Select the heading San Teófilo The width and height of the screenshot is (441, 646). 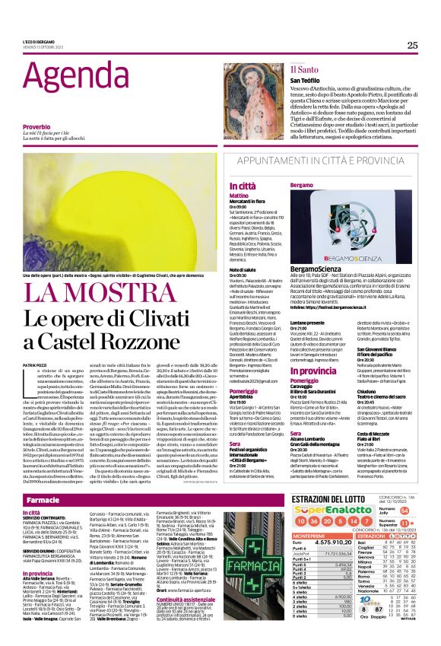click(305, 81)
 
